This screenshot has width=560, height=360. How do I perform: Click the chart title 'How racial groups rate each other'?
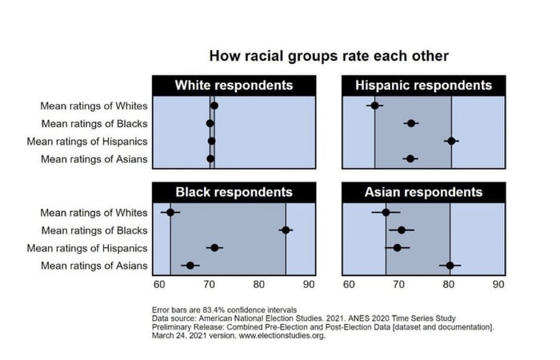click(x=328, y=56)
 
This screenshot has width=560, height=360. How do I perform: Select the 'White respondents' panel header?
click(x=234, y=86)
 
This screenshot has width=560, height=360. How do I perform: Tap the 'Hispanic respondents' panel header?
click(x=423, y=86)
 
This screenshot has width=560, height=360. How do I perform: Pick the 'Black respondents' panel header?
click(x=234, y=193)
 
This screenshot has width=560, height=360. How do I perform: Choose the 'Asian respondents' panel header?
click(x=423, y=193)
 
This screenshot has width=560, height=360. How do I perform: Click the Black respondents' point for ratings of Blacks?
click(x=286, y=230)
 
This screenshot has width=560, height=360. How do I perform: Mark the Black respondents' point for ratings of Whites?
click(x=170, y=213)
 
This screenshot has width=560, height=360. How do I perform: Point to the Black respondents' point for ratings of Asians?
click(x=190, y=266)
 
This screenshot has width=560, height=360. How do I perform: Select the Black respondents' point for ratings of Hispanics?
click(x=214, y=248)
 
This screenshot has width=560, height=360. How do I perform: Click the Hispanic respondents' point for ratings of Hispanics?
click(x=451, y=141)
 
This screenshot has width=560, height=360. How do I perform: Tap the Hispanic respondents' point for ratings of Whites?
click(x=374, y=106)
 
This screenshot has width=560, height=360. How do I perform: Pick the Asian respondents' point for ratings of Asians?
click(x=450, y=266)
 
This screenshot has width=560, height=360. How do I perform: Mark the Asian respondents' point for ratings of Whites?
click(x=386, y=213)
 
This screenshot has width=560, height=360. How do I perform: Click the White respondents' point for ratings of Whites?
click(x=214, y=106)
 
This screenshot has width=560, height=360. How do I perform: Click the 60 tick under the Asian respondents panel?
click(x=349, y=284)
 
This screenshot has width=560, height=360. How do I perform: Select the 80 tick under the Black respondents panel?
click(x=258, y=284)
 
